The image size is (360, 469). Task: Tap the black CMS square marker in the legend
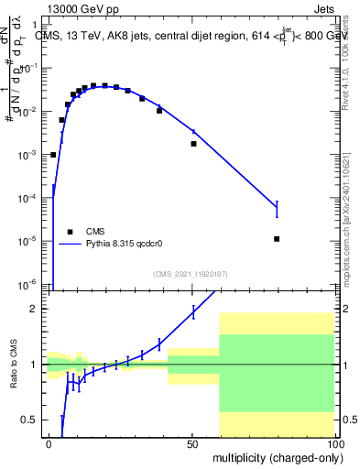click(x=70, y=232)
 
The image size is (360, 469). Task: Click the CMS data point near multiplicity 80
click(x=277, y=239)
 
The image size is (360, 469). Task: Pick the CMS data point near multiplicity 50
click(x=193, y=144)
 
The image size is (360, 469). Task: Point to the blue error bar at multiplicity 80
click(x=277, y=209)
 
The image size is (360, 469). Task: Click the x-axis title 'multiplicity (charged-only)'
click(x=273, y=456)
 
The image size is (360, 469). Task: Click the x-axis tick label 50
click(x=193, y=444)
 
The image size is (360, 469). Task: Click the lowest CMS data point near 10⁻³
click(x=53, y=155)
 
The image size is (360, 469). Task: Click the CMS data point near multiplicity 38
click(x=159, y=111)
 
